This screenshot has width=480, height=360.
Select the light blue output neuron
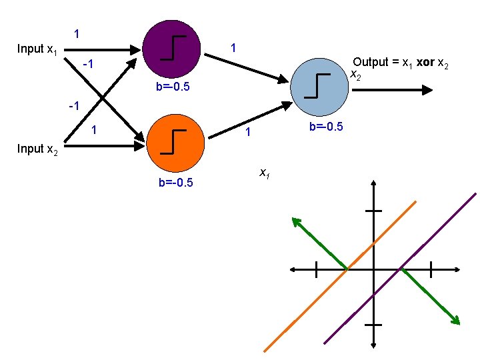click(321, 86)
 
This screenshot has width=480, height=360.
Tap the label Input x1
click(37, 49)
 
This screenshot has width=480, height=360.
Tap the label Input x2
click(37, 149)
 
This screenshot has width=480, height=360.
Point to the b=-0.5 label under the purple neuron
click(173, 87)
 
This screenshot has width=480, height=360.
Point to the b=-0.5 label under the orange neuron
click(175, 183)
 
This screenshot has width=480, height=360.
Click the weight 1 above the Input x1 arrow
click(77, 33)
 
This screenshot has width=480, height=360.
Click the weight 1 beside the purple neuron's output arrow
click(233, 48)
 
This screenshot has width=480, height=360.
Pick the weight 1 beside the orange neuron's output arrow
click(247, 133)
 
